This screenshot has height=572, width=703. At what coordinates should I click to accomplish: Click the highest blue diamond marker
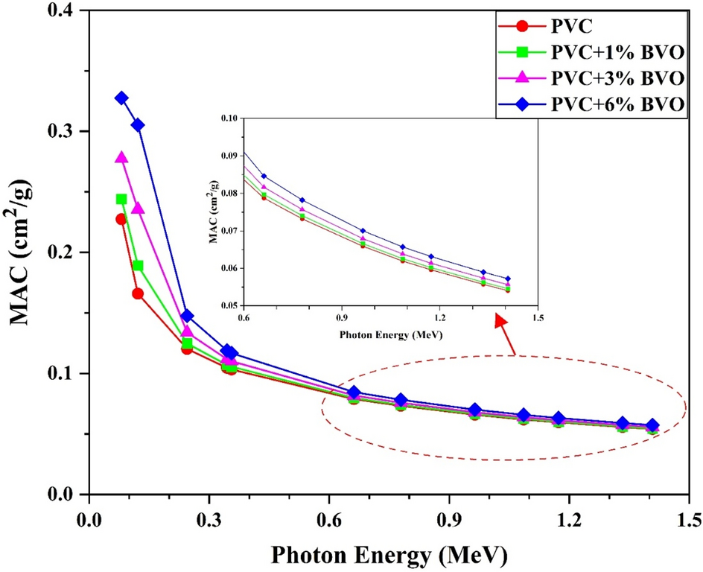(121, 98)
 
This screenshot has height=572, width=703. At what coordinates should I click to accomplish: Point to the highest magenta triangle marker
(121, 157)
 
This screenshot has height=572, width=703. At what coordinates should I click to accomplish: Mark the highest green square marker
(121, 199)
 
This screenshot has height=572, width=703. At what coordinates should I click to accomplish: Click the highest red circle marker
(121, 219)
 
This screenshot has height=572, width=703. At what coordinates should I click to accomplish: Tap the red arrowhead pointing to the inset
(500, 318)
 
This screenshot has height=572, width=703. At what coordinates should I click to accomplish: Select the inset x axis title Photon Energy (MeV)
(389, 334)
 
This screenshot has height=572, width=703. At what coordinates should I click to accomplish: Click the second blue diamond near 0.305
(138, 125)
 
